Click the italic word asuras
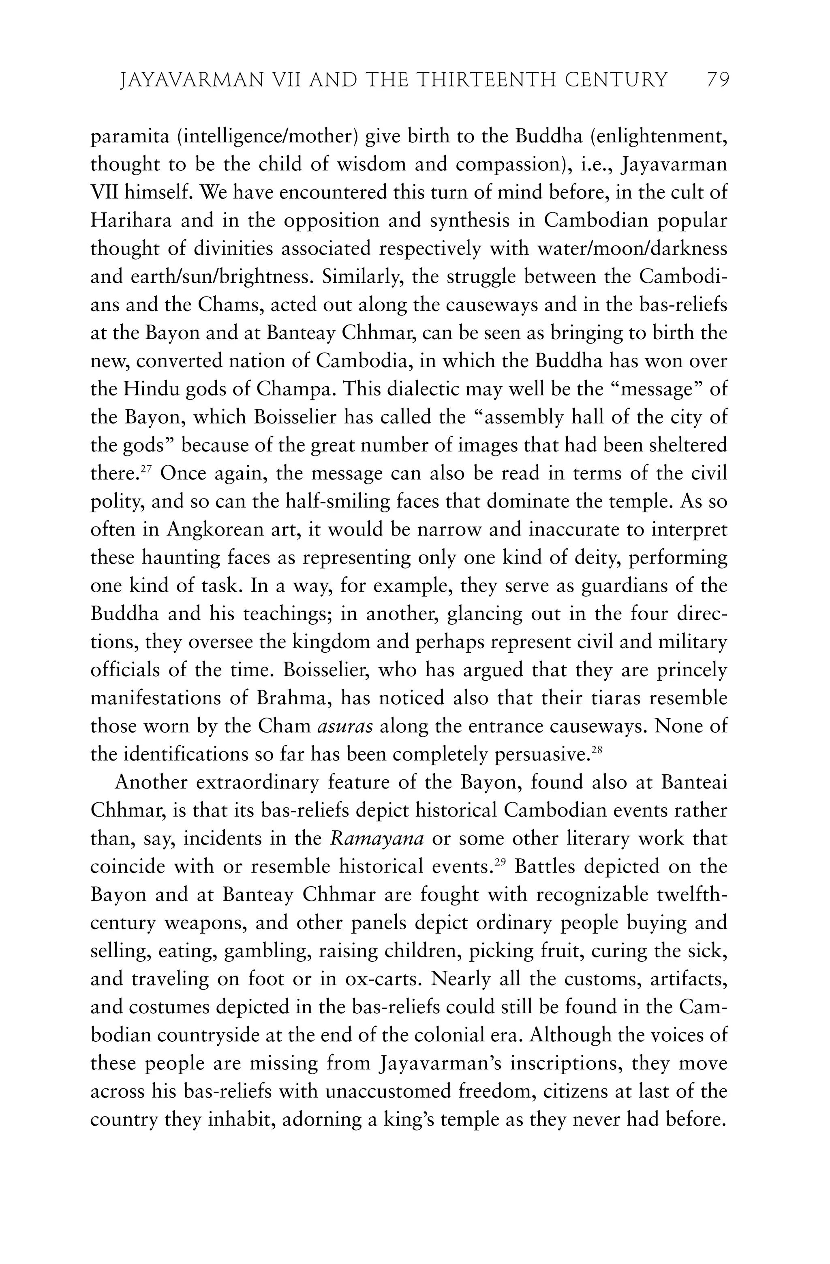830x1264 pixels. point(345,726)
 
